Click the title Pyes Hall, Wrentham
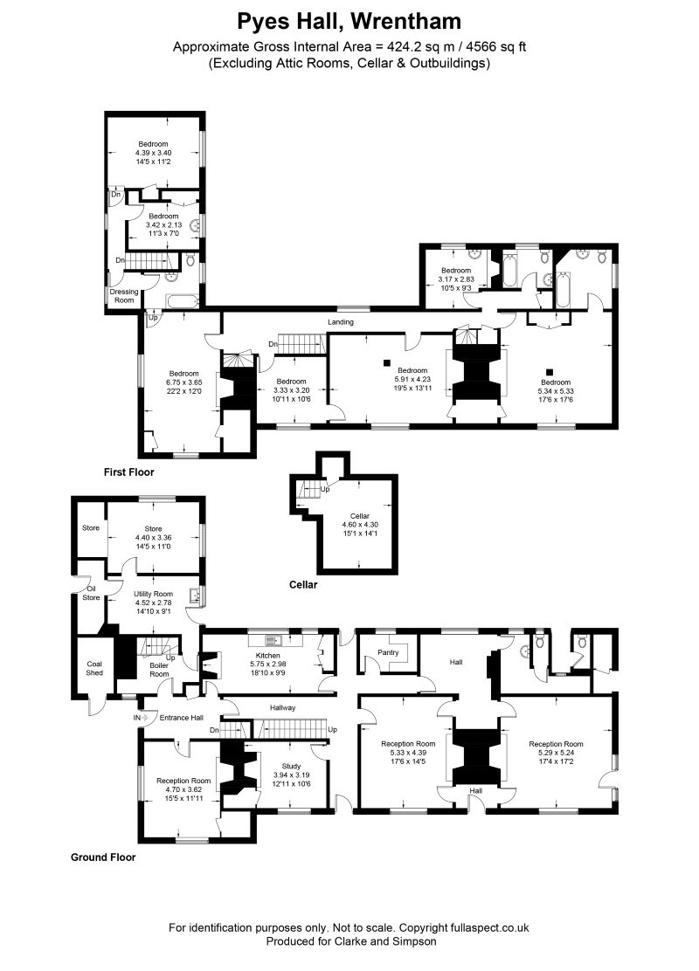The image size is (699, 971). (x=349, y=21)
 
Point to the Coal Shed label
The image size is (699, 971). (x=94, y=668)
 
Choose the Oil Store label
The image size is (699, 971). (x=91, y=593)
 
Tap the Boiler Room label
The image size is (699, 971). (x=159, y=670)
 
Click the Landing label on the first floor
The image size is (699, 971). (x=340, y=322)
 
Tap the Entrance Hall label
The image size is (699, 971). (x=181, y=717)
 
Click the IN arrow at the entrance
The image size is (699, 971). (x=138, y=717)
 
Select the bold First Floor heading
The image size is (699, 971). (x=128, y=472)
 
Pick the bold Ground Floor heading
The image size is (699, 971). (x=103, y=857)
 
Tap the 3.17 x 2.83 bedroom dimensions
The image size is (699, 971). (x=456, y=279)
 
